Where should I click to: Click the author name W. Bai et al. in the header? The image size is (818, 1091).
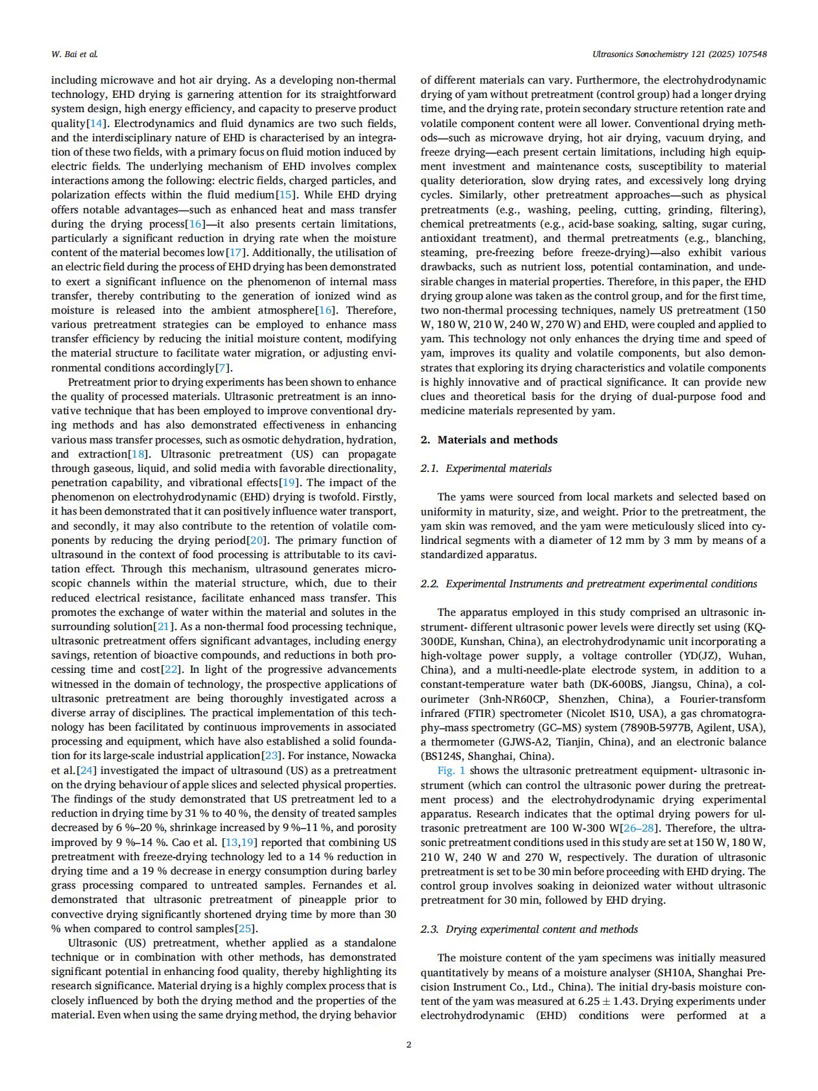74,54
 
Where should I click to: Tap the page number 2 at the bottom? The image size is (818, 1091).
408,1044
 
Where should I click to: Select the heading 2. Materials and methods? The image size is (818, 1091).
489,440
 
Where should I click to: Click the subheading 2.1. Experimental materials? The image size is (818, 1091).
486,468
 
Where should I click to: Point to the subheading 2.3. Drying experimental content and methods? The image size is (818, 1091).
529,929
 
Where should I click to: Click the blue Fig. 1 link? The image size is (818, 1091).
451,771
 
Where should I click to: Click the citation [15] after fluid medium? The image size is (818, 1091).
286,194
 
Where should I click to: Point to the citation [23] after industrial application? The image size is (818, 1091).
271,756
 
